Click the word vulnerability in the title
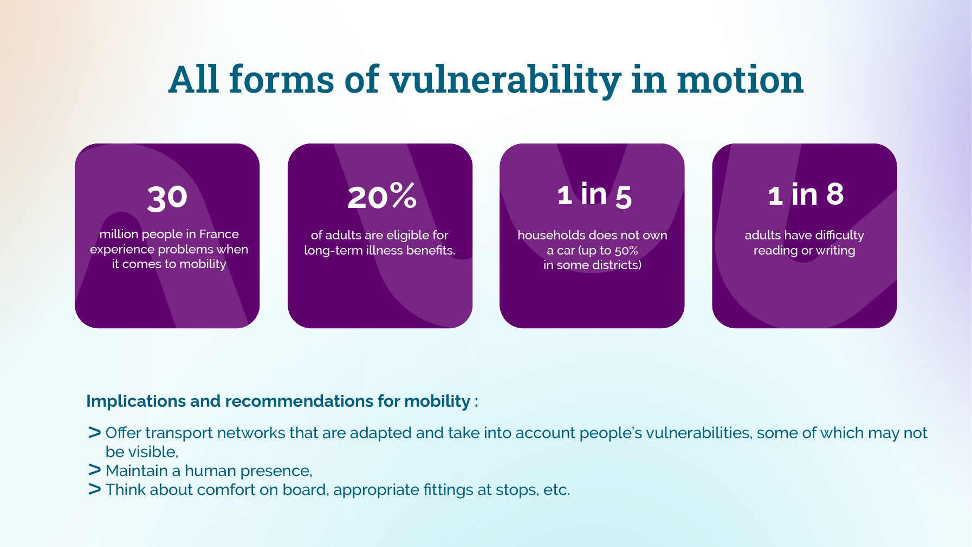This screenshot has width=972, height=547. coord(505,80)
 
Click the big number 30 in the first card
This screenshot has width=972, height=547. coord(167,197)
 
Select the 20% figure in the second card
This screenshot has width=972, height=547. coord(382,196)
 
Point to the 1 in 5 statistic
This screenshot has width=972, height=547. coord(594,195)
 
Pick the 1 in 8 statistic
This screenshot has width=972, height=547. coord(806,194)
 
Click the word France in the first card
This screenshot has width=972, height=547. coord(219,234)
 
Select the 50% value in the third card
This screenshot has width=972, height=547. coord(626,250)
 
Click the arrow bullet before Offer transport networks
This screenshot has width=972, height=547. coord(94,433)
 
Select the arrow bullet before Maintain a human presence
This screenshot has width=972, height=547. coord(94,470)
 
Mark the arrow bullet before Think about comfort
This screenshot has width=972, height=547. coord(94,489)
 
